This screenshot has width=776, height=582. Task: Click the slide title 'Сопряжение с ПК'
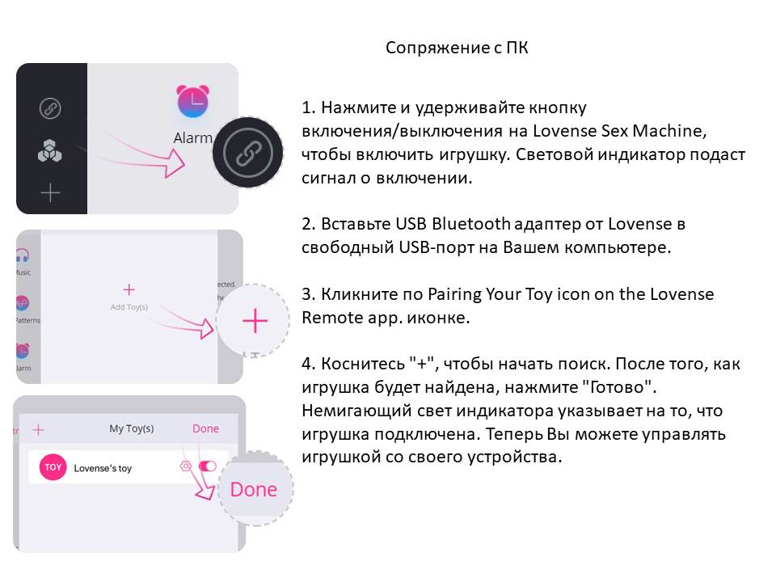coord(457,48)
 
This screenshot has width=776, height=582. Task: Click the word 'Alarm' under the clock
coord(192,138)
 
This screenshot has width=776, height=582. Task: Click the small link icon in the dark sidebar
coord(50,108)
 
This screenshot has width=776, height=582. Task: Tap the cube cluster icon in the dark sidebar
coord(50,151)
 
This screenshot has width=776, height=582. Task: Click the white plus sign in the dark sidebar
coord(50,192)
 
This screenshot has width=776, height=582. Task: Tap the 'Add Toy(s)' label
coord(129,307)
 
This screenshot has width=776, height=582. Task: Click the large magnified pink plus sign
coord(255,321)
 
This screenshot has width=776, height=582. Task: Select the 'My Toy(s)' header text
coord(132,428)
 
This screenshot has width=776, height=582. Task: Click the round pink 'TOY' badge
coord(53,467)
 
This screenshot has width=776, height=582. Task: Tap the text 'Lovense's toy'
coord(103,468)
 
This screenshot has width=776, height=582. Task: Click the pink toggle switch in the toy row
coord(208,466)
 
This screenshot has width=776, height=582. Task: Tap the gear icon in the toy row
coord(185,466)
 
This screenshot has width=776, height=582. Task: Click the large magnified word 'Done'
coord(254,489)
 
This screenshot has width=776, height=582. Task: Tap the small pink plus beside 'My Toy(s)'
coord(38,430)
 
